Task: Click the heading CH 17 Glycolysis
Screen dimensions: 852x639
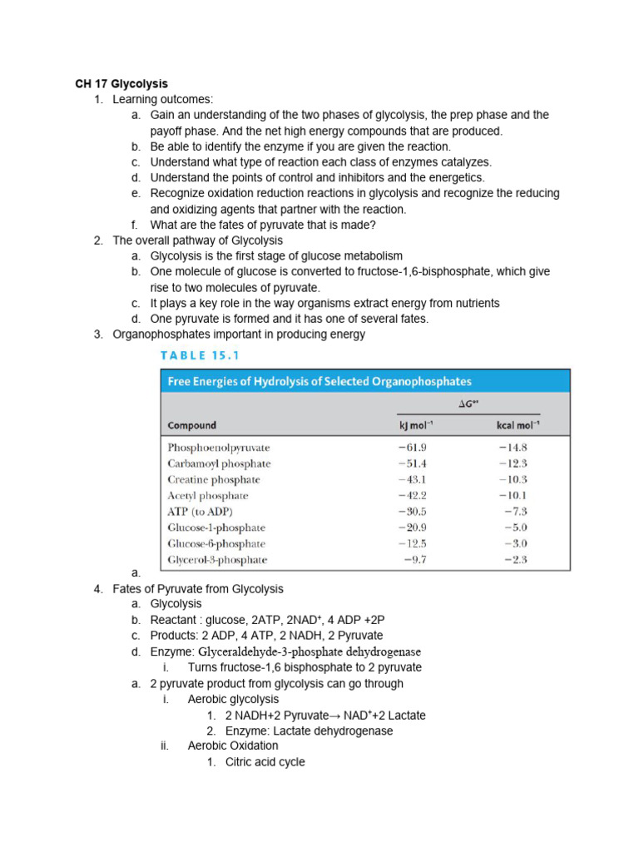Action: tap(121, 84)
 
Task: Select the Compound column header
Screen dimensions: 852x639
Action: tap(192, 425)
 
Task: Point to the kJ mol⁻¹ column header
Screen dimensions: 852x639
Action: tap(417, 425)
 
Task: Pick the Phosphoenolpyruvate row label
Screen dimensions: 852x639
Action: tap(219, 448)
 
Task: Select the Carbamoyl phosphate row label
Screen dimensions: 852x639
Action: tap(219, 463)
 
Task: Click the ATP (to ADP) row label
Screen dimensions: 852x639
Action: tap(201, 512)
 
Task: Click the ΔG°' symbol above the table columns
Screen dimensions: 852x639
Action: tap(469, 404)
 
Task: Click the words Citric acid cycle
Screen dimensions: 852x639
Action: tap(265, 762)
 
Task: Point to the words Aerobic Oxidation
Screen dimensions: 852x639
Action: tap(233, 746)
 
